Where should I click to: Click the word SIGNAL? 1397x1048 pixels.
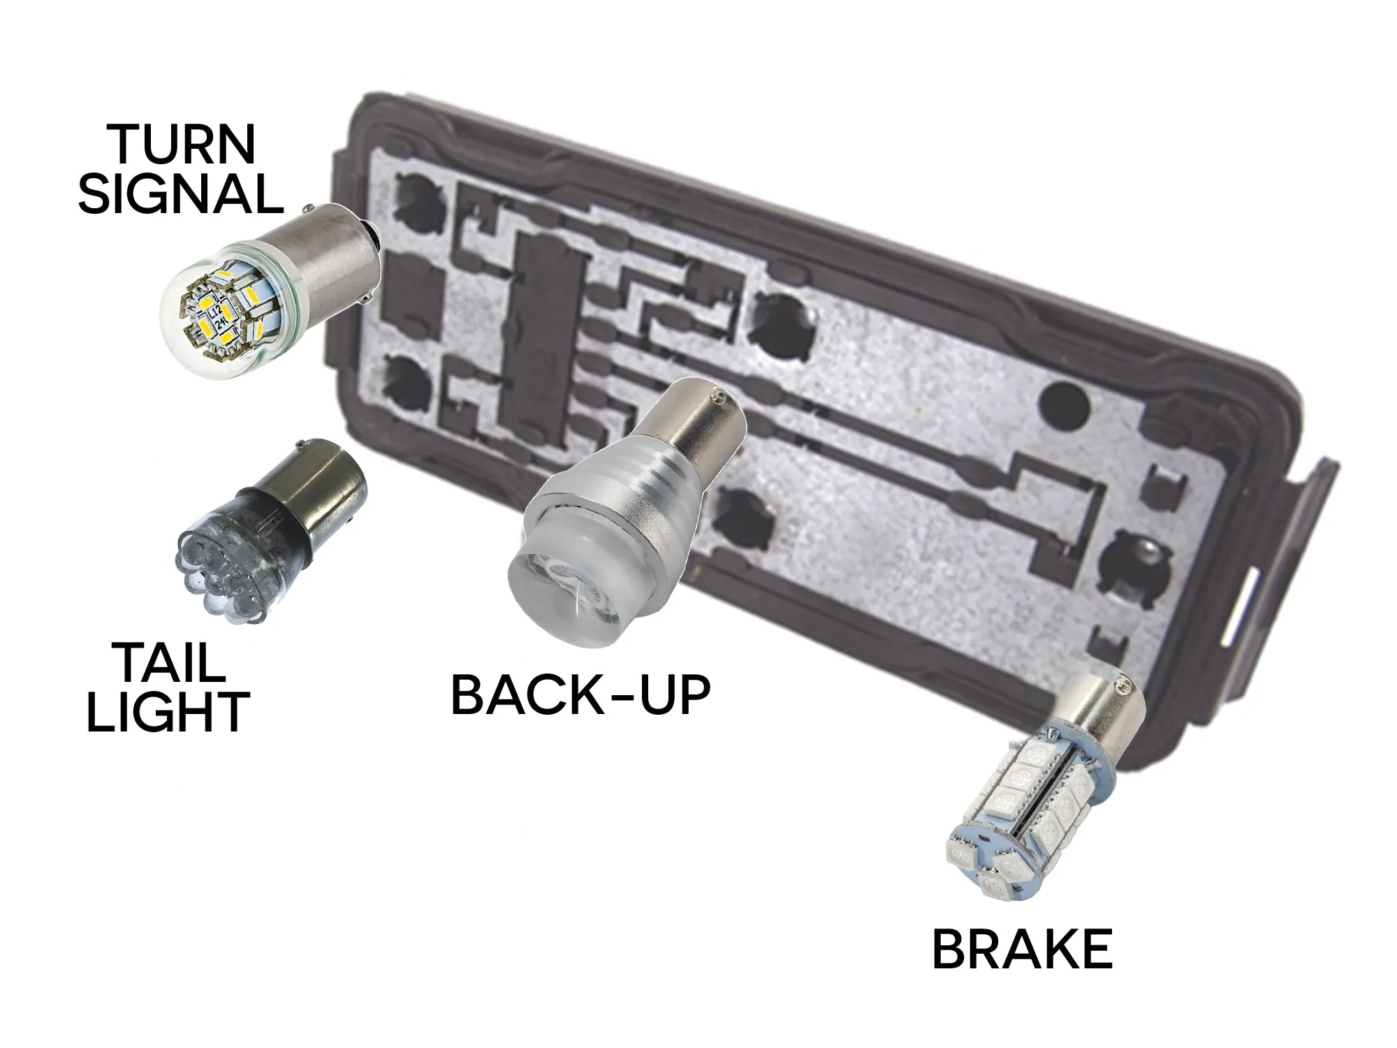[181, 194]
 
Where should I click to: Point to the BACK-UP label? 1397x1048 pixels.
[581, 694]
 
